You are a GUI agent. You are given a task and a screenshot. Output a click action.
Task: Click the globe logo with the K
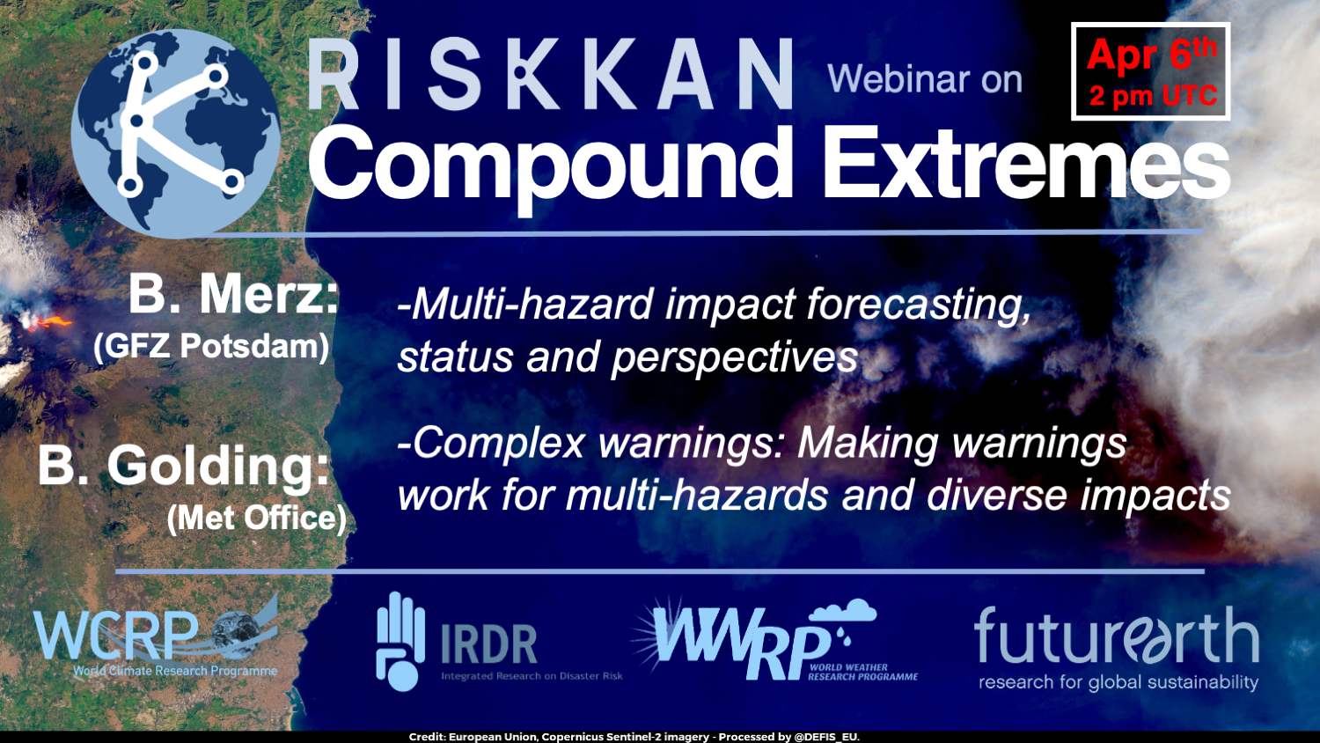[x=176, y=133]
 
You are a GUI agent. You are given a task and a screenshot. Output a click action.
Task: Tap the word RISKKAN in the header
[x=550, y=74]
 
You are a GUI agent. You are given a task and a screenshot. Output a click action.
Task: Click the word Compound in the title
[x=551, y=166]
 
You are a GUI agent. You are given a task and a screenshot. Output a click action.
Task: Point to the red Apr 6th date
[x=1151, y=55]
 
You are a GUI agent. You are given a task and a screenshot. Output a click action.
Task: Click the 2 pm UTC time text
[x=1153, y=96]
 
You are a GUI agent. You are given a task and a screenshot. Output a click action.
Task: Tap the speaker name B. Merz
[x=234, y=294]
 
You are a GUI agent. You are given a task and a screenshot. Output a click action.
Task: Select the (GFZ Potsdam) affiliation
[x=211, y=347]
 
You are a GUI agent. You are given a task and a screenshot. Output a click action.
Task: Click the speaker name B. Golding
[x=183, y=467]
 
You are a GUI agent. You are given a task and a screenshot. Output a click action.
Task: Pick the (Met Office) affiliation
[x=256, y=519]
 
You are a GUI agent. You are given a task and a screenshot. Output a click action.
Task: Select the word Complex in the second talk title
[x=497, y=444]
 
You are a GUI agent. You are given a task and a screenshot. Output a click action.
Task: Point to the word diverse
[x=996, y=496]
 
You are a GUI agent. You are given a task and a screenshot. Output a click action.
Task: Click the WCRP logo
[x=156, y=636]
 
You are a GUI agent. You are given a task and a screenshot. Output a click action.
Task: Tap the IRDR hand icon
[x=400, y=642]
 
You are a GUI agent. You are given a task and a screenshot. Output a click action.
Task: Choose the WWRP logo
[x=775, y=640]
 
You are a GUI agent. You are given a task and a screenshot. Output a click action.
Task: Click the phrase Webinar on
[x=925, y=79]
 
